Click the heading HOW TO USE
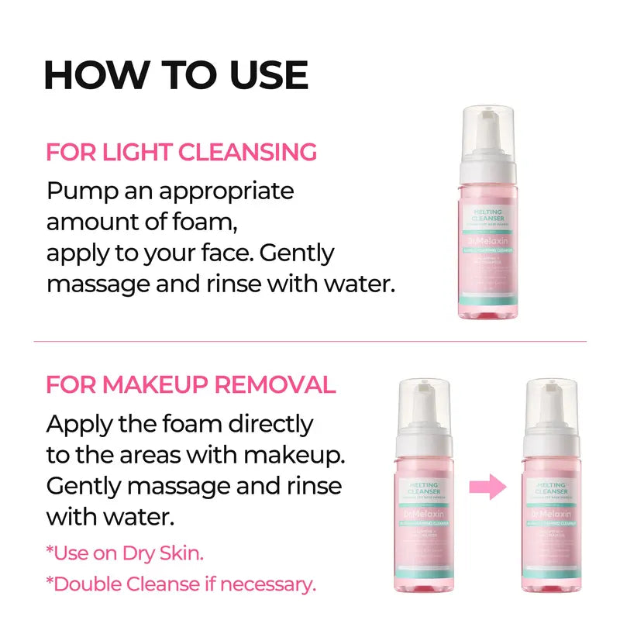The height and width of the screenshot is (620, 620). tap(176, 74)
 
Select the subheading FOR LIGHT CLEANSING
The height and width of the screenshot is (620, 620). tap(181, 152)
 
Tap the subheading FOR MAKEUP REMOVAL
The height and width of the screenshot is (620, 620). tap(191, 385)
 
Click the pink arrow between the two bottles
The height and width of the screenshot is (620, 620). tap(487, 487)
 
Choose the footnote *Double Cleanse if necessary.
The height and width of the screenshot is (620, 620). tap(181, 584)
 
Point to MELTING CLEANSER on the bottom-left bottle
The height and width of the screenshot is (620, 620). tap(424, 490)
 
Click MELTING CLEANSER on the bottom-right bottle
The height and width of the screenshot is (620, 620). tap(551, 490)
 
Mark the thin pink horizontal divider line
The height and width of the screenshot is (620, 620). tap(310, 341)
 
